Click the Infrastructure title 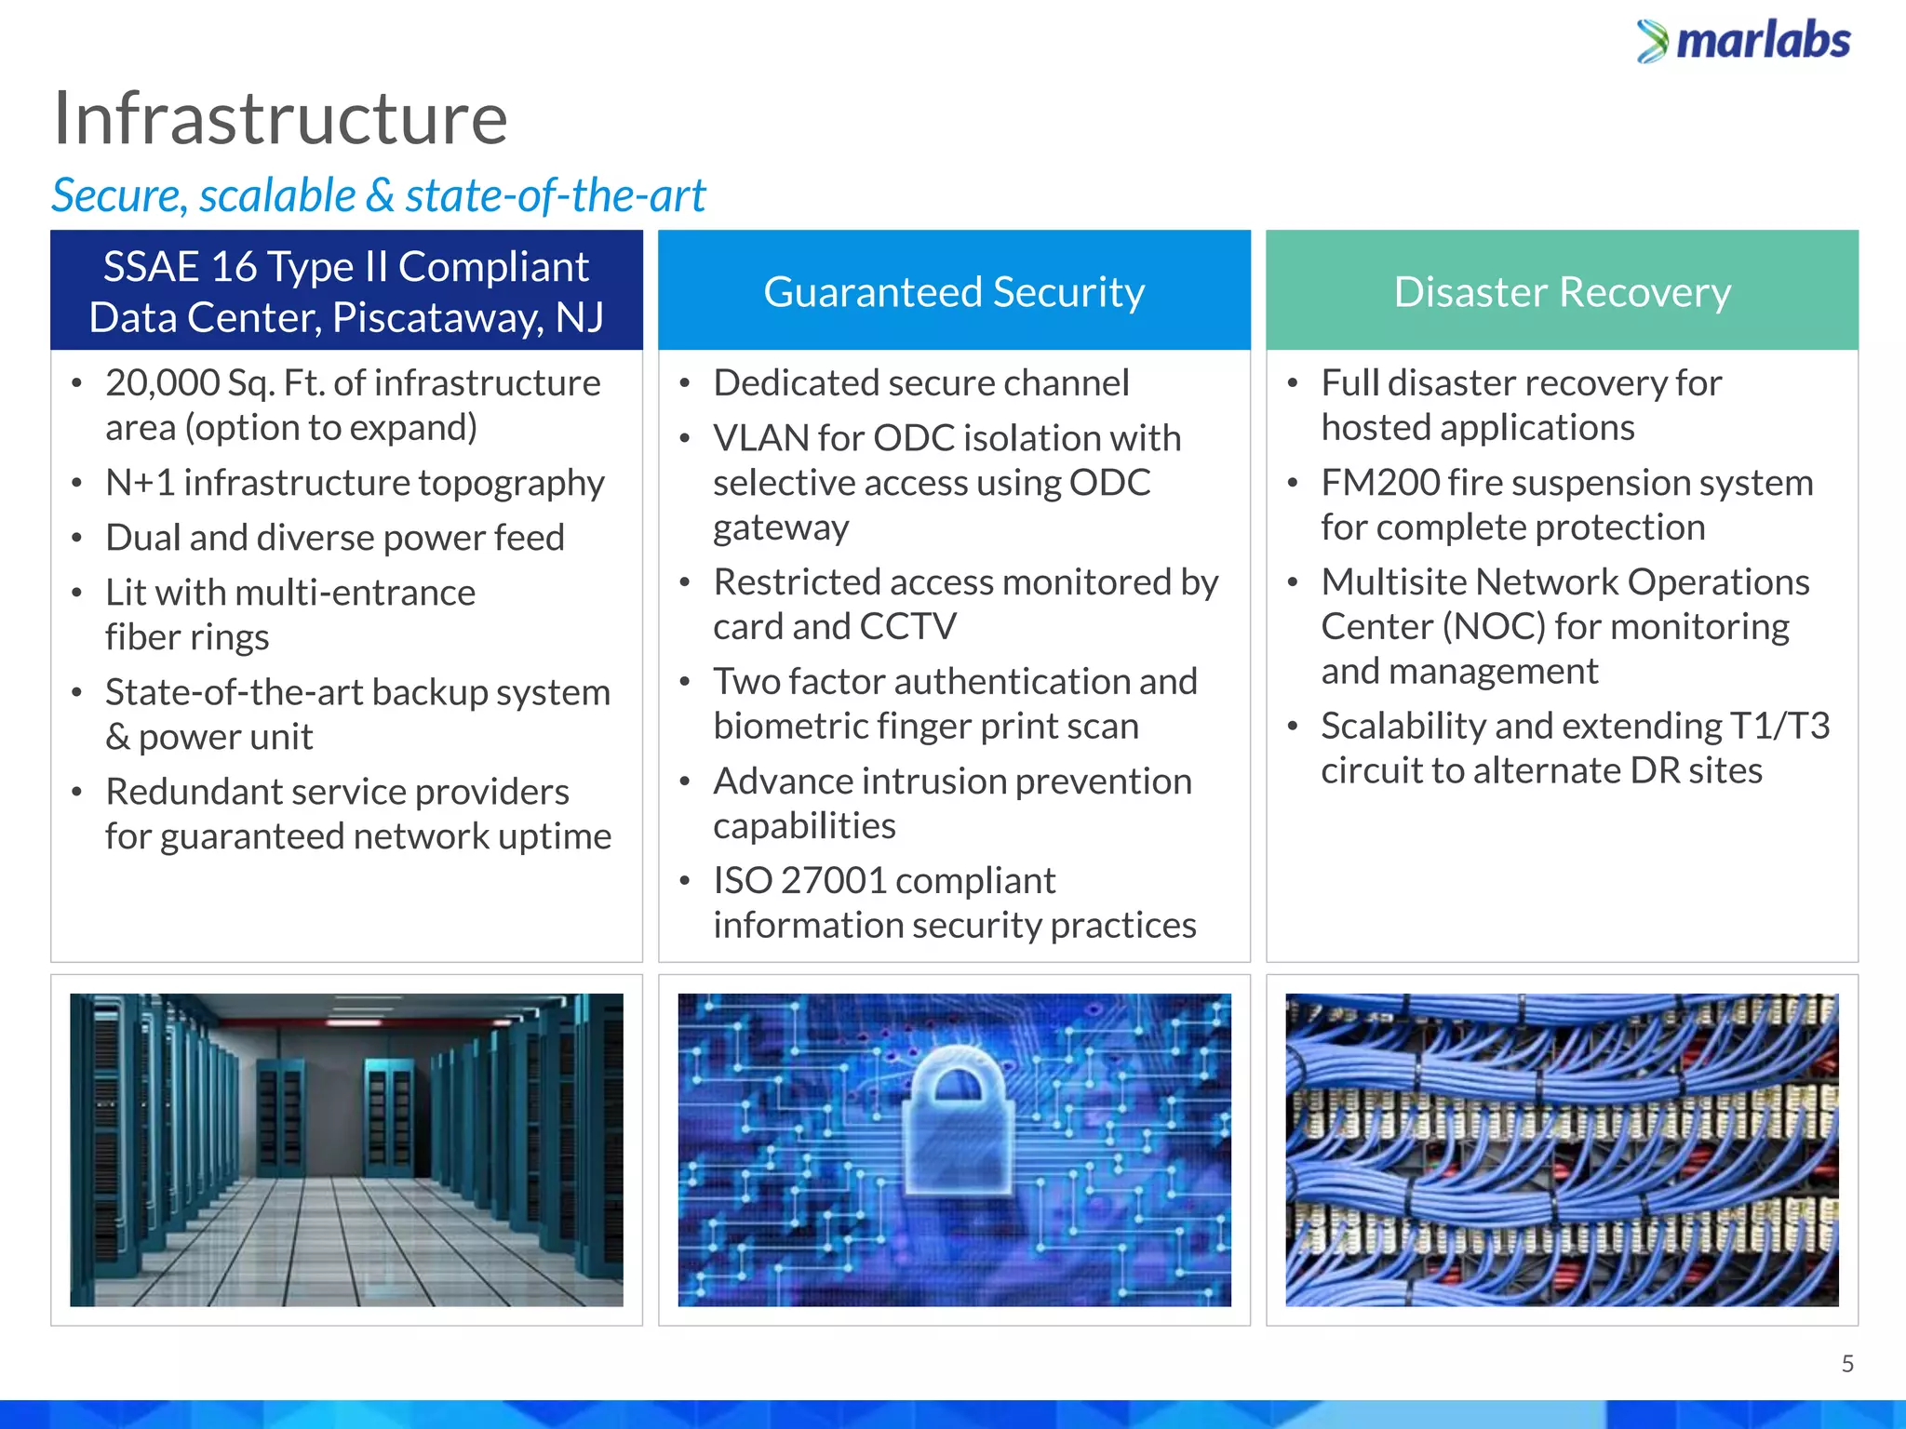[x=280, y=119]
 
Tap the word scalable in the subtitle [x=277, y=196]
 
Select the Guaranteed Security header [x=954, y=292]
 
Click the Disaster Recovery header [x=1562, y=292]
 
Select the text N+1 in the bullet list [x=140, y=483]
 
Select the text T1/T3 [x=1779, y=727]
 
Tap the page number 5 [x=1847, y=1364]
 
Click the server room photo [x=346, y=1150]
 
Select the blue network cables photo [x=1562, y=1150]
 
